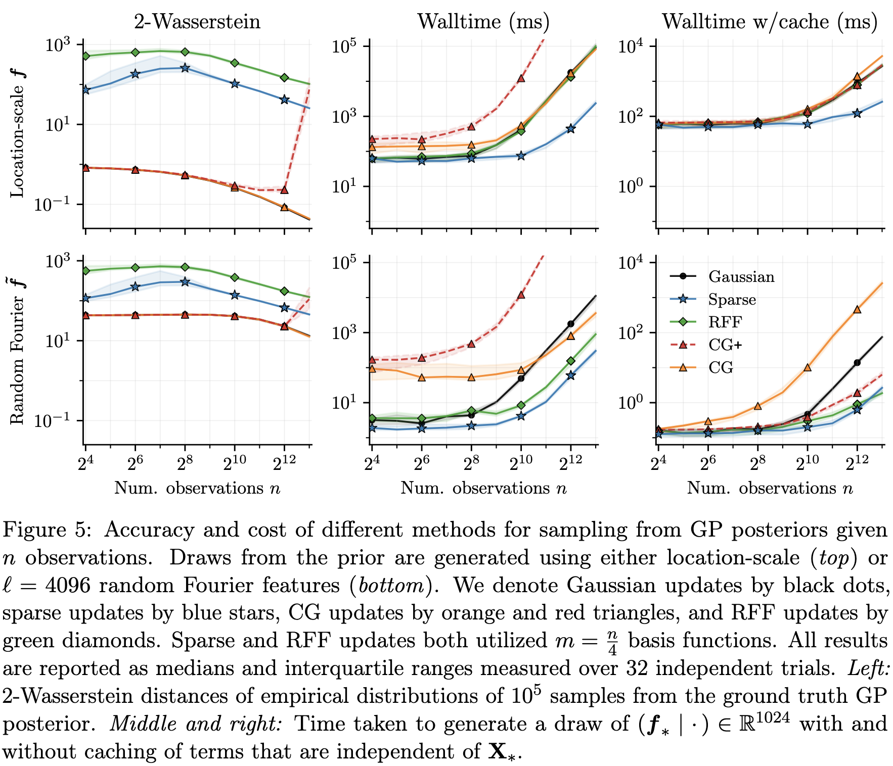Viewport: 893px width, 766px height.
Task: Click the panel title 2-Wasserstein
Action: coord(197,22)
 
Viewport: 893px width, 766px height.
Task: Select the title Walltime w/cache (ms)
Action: coord(770,22)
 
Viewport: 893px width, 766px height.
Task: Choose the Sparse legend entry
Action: coord(732,300)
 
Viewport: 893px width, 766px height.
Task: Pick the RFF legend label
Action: coord(725,322)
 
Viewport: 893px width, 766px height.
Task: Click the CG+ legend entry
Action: coord(725,345)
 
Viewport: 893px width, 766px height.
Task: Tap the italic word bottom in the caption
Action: coord(388,586)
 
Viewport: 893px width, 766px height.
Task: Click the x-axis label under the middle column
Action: coord(483,488)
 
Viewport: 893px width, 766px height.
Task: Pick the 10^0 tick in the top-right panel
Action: coord(631,186)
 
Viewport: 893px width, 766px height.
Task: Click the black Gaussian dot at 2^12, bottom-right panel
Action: coord(857,363)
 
